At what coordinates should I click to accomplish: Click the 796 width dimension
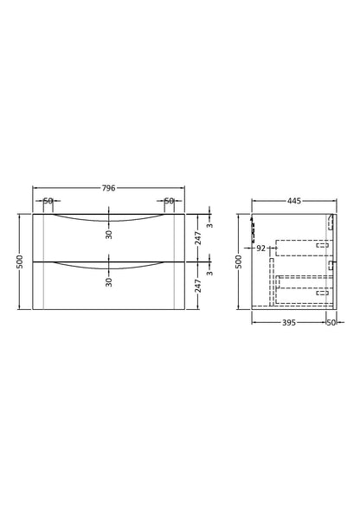[109, 188]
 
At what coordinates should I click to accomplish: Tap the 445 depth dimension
[294, 201]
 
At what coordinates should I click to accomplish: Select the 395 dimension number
[289, 322]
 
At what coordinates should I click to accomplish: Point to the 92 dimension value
[261, 249]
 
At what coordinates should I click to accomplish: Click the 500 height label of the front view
[20, 261]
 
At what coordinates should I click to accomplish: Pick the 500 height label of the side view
[239, 261]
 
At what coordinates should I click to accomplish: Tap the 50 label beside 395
[331, 322]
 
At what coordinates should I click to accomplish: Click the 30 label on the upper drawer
[109, 235]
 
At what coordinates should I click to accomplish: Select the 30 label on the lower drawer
[109, 282]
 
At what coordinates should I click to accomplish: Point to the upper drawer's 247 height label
[198, 238]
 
